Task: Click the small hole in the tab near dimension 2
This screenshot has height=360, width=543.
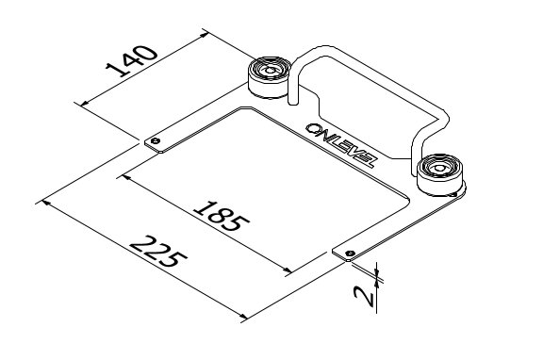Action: coord(350,253)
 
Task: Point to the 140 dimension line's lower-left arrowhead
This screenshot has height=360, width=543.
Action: coord(86,102)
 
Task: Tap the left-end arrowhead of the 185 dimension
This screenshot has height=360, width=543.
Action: coord(122,175)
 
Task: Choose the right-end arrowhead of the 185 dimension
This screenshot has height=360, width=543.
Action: coord(288,272)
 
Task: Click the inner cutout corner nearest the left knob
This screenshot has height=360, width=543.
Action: coord(243,107)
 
